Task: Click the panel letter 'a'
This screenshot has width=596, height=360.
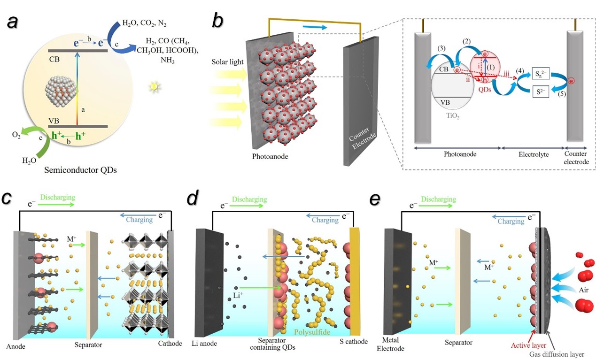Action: [x=13, y=22]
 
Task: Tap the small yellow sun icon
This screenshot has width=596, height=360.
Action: [x=155, y=87]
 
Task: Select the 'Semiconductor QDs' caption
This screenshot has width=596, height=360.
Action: [x=80, y=170]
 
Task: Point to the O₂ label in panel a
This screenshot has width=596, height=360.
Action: [x=16, y=135]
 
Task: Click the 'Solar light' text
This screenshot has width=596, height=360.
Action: [x=227, y=61]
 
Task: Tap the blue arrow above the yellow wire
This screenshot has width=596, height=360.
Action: [x=315, y=27]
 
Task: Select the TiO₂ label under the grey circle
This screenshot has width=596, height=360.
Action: [x=453, y=116]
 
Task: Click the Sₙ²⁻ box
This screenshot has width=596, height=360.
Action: [x=541, y=73]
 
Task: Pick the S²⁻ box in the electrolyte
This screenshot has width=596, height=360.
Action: [x=541, y=92]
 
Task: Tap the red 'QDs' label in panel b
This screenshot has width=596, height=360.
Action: [x=485, y=89]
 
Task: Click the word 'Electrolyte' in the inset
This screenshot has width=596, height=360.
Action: [x=534, y=154]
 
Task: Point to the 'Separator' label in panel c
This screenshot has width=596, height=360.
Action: [x=88, y=345]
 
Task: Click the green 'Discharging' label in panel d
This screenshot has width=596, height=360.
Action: [x=249, y=199]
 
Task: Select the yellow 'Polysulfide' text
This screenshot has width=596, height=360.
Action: [x=312, y=332]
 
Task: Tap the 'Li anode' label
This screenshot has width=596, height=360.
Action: [x=204, y=344]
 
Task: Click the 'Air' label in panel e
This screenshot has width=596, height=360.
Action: [x=584, y=290]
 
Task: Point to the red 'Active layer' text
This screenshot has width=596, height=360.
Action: [x=528, y=345]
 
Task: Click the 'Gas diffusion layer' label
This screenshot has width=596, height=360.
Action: [x=557, y=354]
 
